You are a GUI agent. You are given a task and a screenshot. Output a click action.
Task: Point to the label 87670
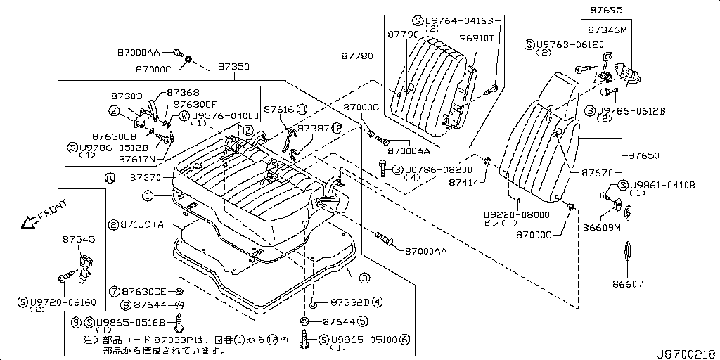pos(597,172)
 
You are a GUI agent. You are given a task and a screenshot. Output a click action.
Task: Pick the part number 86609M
pos(601,227)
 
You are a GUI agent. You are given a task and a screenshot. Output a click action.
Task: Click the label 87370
pos(146,179)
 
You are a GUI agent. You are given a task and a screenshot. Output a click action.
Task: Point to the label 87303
pos(127,96)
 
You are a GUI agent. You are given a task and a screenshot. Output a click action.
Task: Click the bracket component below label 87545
pos(84,269)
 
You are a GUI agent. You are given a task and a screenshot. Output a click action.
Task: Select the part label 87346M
pos(607,31)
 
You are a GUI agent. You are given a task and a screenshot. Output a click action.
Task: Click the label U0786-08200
pos(432,169)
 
